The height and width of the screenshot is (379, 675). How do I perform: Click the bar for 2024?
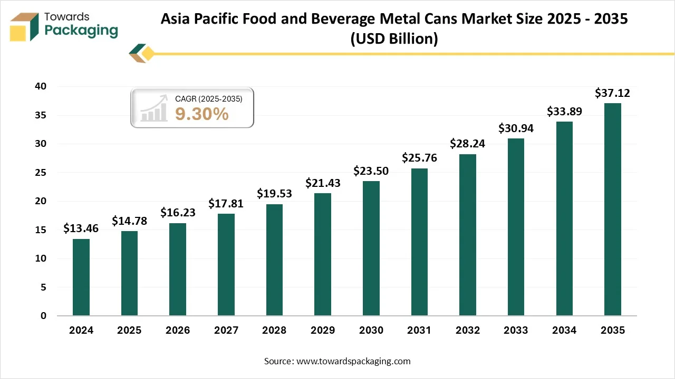[81, 277]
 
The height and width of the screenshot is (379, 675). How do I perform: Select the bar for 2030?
[371, 248]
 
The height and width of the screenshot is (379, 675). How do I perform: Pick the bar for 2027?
[226, 265]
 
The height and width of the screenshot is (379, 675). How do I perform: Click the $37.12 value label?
[612, 93]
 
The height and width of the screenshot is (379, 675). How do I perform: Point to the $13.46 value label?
[81, 228]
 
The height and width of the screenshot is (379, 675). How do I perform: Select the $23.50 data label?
[371, 171]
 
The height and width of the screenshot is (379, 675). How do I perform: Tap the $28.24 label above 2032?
[467, 144]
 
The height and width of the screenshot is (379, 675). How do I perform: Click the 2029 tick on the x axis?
[323, 331]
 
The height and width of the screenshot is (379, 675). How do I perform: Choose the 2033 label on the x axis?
[516, 331]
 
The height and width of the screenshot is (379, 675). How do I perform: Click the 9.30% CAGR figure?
[202, 114]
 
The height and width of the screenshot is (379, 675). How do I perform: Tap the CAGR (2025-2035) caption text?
[208, 98]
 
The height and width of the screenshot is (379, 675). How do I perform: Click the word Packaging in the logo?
[81, 31]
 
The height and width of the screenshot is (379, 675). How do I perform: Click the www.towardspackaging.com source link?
[353, 361]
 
